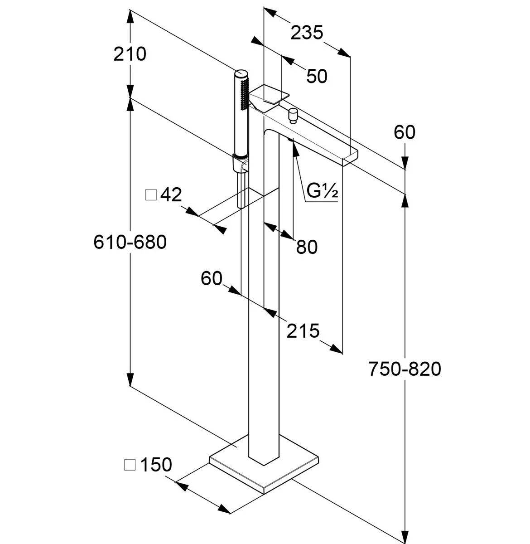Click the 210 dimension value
click(x=130, y=54)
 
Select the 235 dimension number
click(x=306, y=33)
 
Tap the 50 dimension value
click(x=317, y=76)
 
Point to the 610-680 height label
click(x=130, y=242)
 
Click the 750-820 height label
click(x=405, y=369)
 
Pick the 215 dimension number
click(x=303, y=331)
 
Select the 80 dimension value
click(x=307, y=247)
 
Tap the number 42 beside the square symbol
click(x=171, y=195)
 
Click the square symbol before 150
click(x=130, y=465)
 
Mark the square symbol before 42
click(x=151, y=195)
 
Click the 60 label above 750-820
click(x=405, y=132)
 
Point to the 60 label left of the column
click(x=212, y=278)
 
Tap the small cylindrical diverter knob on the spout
click(x=293, y=116)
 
